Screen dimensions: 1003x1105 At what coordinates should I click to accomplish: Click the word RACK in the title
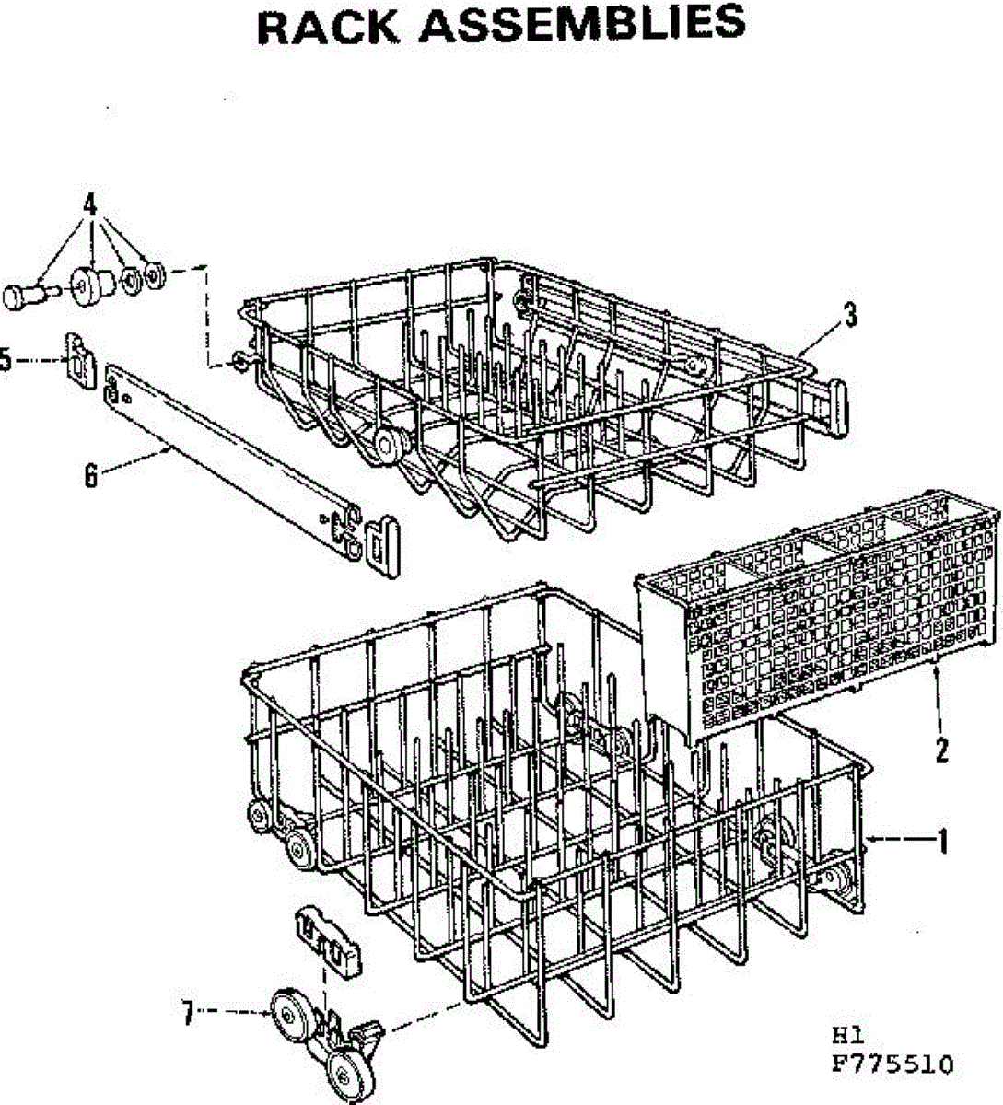tap(330, 25)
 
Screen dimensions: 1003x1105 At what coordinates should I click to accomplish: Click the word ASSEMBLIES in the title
tap(582, 25)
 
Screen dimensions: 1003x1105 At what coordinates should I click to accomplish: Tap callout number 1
tap(941, 840)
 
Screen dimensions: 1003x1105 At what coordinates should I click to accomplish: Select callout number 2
tap(941, 751)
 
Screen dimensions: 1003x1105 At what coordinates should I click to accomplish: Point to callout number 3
tap(850, 317)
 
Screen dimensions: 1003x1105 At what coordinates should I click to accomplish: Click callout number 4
tap(90, 205)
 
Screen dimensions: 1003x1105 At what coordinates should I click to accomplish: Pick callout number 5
tap(5, 360)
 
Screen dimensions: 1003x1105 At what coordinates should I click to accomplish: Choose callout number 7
tap(188, 1015)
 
